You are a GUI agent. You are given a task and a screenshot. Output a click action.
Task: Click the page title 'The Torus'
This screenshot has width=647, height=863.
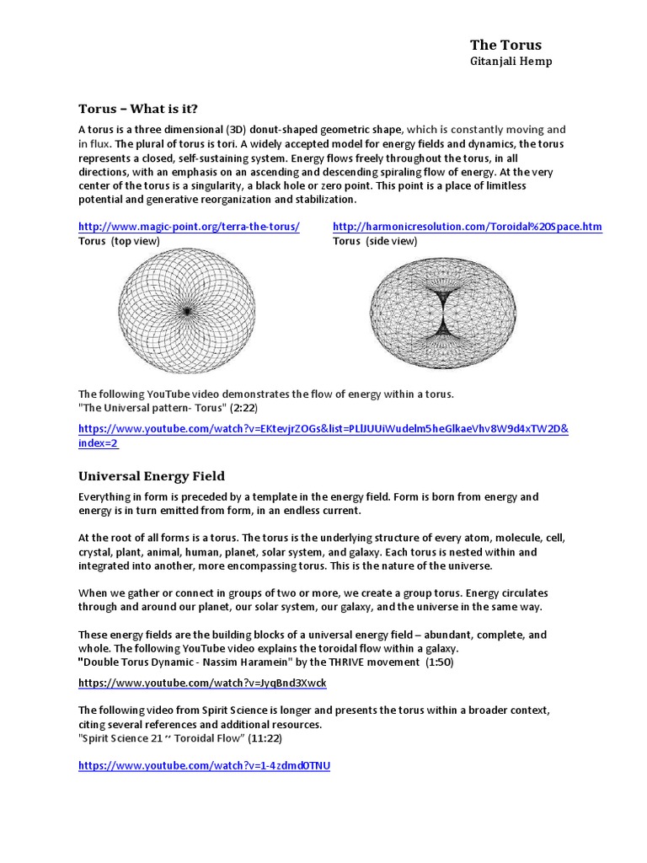click(x=505, y=45)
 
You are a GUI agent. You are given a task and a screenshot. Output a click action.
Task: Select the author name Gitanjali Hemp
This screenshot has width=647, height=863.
click(x=511, y=62)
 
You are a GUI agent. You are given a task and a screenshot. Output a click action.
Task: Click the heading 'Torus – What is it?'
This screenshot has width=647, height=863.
click(x=138, y=109)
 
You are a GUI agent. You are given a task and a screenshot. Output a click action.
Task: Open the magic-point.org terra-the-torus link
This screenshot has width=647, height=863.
click(x=189, y=227)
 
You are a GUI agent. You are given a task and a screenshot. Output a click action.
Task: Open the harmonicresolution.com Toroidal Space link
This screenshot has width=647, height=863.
click(x=468, y=227)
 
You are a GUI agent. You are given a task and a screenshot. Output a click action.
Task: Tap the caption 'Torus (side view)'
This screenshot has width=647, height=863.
click(x=375, y=241)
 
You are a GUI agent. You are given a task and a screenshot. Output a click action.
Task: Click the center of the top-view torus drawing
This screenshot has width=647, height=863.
click(x=187, y=311)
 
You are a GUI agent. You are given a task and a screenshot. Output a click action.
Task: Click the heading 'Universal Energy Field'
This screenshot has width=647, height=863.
click(x=151, y=476)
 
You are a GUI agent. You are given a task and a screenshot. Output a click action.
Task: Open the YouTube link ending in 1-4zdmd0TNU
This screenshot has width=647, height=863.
click(x=204, y=765)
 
